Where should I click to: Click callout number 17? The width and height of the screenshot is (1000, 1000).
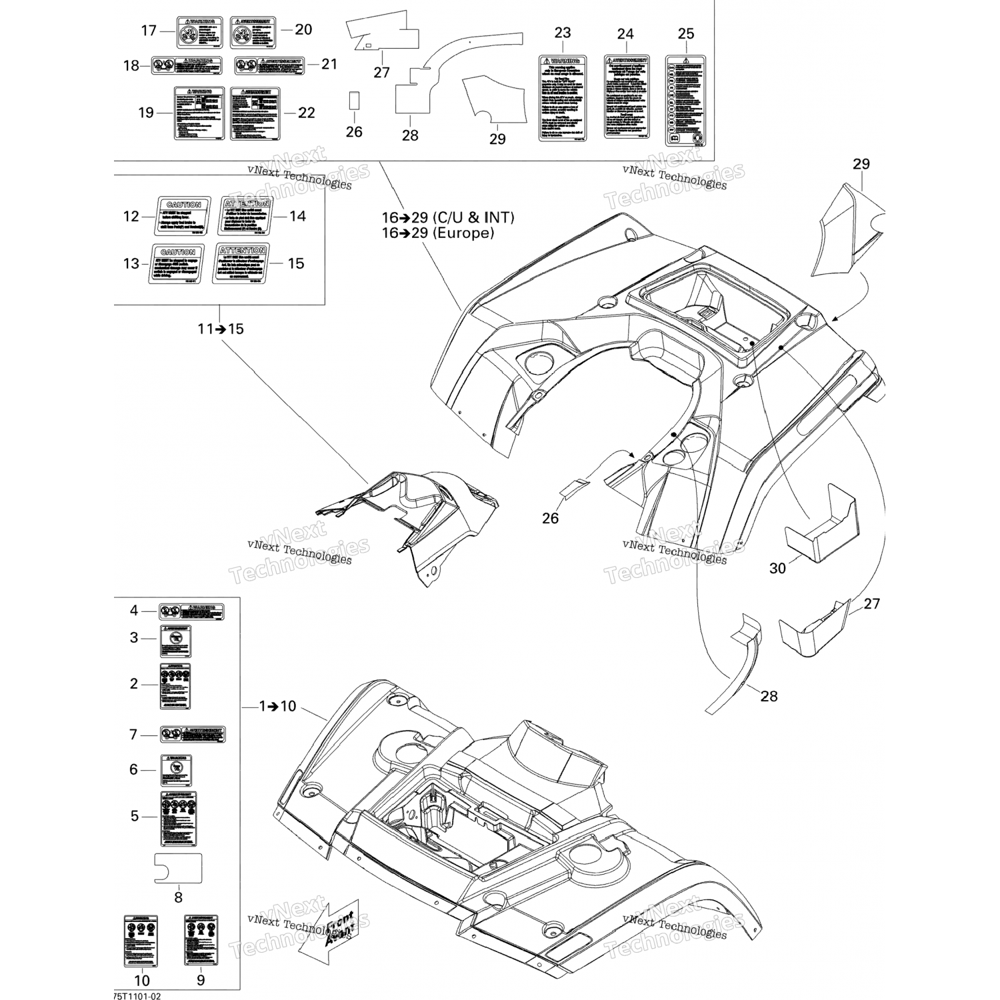coord(148,31)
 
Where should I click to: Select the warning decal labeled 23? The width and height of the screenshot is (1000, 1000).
coord(562,98)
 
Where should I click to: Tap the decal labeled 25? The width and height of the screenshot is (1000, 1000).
coord(685,100)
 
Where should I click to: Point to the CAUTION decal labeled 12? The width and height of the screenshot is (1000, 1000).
coord(184,216)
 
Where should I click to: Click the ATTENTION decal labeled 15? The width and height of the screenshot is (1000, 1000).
coord(241,263)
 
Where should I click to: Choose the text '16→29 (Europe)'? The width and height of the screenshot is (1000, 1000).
coord(437,233)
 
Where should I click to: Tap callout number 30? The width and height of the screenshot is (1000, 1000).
coord(777,568)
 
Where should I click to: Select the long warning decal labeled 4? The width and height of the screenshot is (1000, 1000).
coord(191,612)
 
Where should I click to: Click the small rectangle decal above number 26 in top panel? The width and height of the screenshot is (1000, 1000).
coord(354,101)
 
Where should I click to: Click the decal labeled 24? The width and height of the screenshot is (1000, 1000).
coord(627,97)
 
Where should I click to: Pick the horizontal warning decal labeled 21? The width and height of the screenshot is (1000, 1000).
coord(269,65)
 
